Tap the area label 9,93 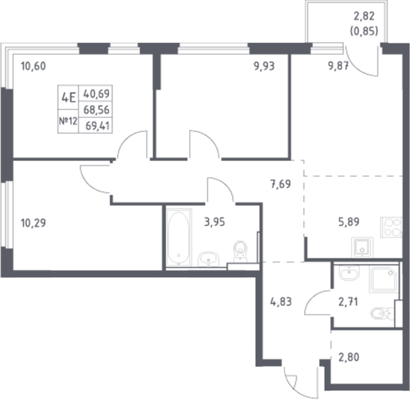click(x=266, y=66)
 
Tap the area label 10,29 click(x=35, y=221)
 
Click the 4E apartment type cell click(x=68, y=96)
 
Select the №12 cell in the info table click(x=68, y=122)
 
